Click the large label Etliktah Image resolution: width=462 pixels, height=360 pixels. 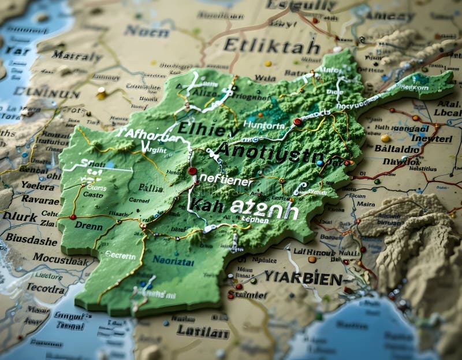[271, 46]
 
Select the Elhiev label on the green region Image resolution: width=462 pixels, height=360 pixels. [200, 128]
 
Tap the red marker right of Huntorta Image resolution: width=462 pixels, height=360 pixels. [297, 122]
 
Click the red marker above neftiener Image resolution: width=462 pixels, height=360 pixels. [192, 170]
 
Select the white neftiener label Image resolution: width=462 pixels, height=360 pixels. [225, 181]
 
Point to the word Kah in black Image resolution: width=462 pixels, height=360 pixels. [207, 205]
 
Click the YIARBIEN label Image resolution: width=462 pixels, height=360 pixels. [304, 278]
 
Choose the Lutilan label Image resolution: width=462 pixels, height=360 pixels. [203, 332]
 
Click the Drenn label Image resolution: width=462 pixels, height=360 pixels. [88, 226]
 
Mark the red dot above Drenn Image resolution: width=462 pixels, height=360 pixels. [73, 217]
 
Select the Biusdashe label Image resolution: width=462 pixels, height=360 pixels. [31, 239]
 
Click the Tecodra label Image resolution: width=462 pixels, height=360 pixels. [46, 287]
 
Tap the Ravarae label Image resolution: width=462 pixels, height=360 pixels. [40, 199]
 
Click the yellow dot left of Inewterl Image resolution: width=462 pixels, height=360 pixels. [385, 138]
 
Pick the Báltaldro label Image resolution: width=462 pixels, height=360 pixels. [397, 149]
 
